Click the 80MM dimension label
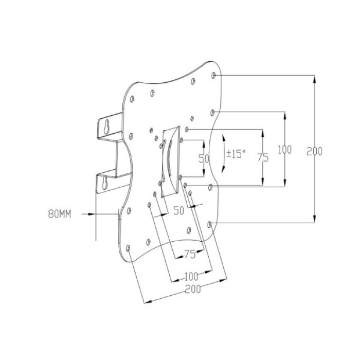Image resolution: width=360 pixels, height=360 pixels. point(60,214)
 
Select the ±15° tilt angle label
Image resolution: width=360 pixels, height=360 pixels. point(236,154)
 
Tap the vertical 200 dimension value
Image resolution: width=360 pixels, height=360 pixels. point(315,151)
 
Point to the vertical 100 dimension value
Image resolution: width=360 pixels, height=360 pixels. point(285,150)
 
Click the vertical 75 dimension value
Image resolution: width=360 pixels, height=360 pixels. point(263,158)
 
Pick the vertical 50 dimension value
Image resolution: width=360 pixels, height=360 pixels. point(204,158)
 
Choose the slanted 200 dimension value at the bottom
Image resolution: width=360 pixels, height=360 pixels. point(193,289)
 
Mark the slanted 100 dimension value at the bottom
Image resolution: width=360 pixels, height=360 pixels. point(191,277)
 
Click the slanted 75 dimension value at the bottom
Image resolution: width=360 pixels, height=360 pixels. point(190,255)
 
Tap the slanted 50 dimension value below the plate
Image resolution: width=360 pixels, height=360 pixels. point(179,211)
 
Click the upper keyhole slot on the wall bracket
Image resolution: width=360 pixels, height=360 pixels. point(106,127)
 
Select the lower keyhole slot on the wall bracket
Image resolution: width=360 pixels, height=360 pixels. point(105,183)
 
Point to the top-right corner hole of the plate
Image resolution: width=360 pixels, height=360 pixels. point(213,75)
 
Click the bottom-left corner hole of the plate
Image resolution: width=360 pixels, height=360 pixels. point(128,248)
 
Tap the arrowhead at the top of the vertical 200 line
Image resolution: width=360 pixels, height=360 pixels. point(315,79)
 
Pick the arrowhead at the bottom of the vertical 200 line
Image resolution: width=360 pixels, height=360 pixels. point(315,219)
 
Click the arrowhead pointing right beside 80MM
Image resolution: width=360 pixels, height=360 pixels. point(92,214)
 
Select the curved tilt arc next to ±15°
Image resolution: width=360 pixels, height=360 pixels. point(224,154)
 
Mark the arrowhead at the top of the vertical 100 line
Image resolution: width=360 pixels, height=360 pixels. point(285,116)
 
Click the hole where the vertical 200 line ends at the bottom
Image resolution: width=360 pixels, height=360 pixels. point(209,225)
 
